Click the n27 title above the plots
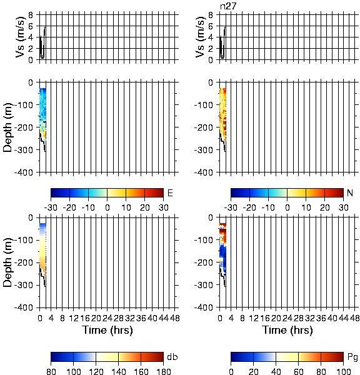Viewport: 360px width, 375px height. coord(228,6)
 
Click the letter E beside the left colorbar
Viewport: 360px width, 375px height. coord(170,193)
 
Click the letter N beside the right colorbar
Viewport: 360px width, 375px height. coord(350,192)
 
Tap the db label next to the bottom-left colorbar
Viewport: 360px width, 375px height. coord(172,357)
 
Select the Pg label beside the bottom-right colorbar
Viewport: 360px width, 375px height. coord(352,357)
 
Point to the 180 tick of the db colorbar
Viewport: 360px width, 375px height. coord(163,372)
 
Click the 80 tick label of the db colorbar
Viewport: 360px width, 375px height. coord(51,372)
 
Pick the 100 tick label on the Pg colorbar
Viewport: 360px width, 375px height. coord(343,372)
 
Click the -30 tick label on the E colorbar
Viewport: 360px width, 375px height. coord(51,207)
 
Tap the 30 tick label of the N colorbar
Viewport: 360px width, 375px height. coord(344,207)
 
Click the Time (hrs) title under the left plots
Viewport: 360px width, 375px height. coord(107,330)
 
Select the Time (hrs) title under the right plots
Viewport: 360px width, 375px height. coord(287,330)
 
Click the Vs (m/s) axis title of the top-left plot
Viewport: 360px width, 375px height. coord(21,37)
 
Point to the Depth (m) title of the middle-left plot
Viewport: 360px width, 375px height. coord(8,127)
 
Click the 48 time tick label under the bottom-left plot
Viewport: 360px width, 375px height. coord(175,318)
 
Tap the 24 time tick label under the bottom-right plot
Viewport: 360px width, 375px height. coord(287,318)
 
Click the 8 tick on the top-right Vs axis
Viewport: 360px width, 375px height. coord(211,15)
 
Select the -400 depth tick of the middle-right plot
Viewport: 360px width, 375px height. coord(204,172)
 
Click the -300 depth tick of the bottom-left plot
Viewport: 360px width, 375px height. coord(24,285)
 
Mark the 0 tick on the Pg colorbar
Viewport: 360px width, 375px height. coord(231,372)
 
